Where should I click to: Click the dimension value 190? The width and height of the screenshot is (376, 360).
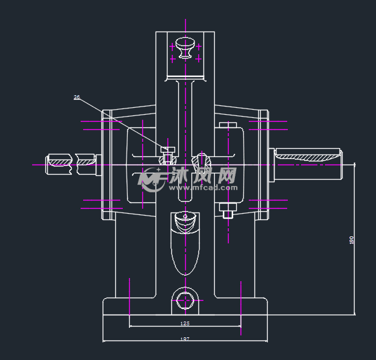tap(351, 240)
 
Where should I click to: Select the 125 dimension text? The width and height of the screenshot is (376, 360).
tap(185, 323)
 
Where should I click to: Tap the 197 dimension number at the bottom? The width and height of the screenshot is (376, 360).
tap(185, 339)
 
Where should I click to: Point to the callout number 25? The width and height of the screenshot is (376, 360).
tap(77, 98)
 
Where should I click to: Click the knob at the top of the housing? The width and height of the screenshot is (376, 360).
tap(185, 47)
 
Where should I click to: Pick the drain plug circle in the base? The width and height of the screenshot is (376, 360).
tap(185, 299)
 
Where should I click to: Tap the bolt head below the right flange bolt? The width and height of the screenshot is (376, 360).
tap(228, 214)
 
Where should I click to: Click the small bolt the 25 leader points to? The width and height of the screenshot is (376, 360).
tap(168, 149)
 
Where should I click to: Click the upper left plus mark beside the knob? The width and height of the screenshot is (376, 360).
tap(173, 46)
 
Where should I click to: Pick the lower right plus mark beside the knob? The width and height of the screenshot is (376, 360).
tap(198, 59)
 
